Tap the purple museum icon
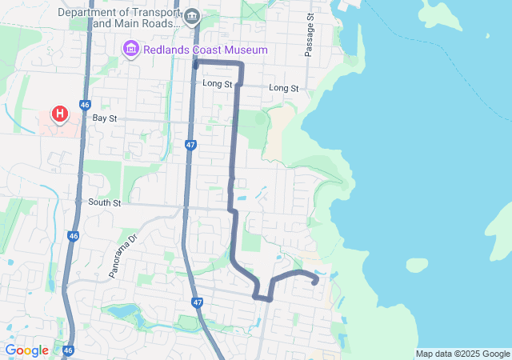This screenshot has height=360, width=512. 130,50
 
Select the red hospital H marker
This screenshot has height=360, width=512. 60,114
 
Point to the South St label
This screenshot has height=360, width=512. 104,203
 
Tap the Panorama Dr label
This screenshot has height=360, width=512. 123,257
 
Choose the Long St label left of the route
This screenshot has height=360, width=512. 217,84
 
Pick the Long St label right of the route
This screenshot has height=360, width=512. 283,87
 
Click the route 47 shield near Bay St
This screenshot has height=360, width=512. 190,145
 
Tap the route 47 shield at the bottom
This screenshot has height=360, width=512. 198,302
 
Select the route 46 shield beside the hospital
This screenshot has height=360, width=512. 86,104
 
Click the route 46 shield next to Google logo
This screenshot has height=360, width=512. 68,350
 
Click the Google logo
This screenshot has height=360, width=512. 27,350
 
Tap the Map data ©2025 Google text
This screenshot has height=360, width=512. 462,354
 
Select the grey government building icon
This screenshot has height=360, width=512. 192,16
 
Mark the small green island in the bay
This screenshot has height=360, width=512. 418,265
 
